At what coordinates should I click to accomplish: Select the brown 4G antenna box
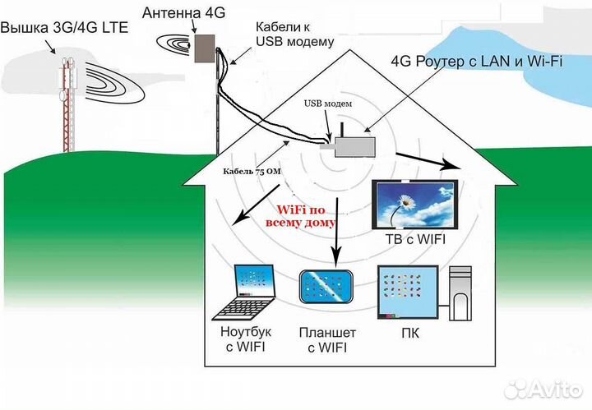point(203,48)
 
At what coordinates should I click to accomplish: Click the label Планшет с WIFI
point(327,340)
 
